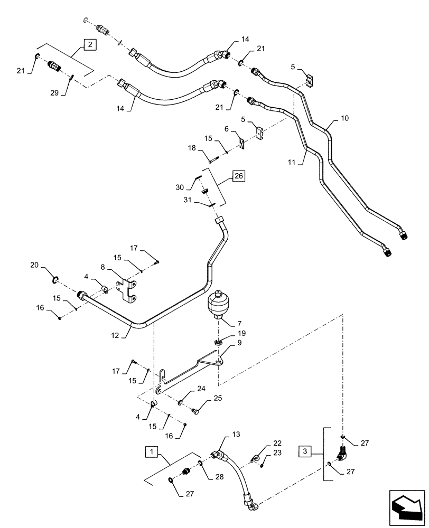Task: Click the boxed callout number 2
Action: pyautogui.click(x=90, y=45)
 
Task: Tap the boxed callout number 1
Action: pyautogui.click(x=152, y=452)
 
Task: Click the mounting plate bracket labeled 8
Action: pyautogui.click(x=128, y=290)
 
